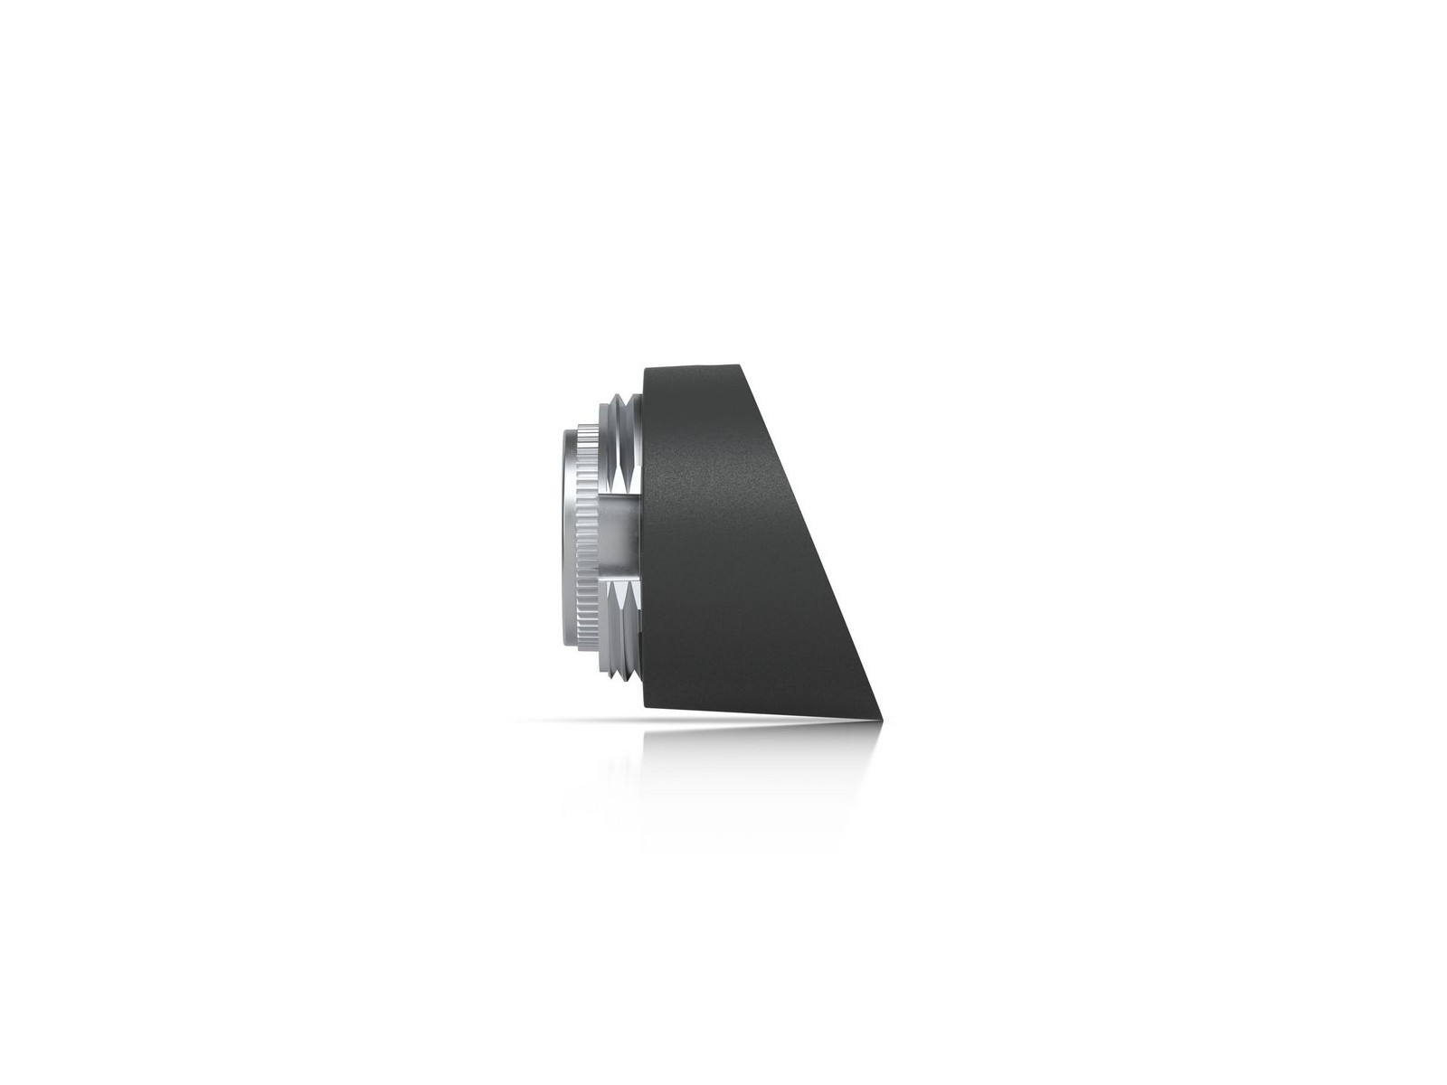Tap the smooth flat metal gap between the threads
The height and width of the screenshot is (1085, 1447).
pos(619,538)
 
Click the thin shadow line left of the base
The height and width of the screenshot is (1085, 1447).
pos(579,721)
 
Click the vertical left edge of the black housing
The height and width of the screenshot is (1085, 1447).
pos(644,542)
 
